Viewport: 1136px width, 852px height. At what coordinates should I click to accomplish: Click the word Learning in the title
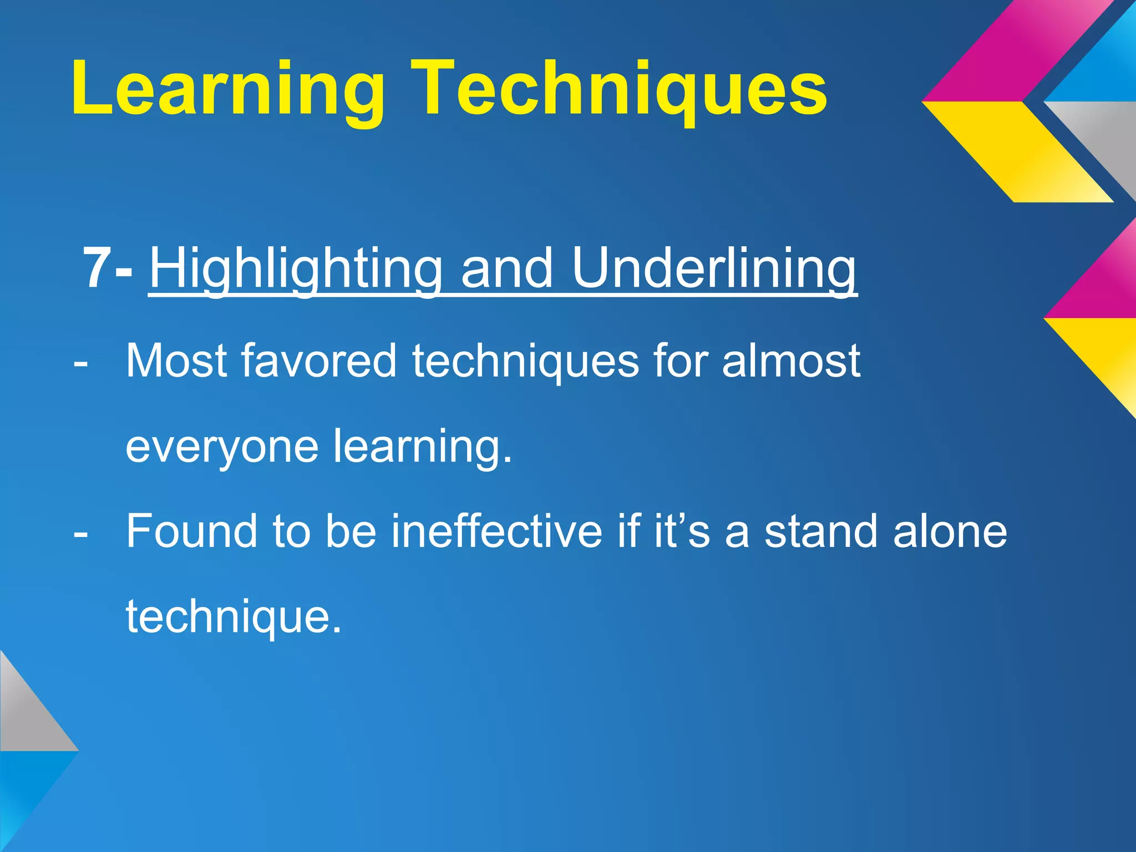point(227,89)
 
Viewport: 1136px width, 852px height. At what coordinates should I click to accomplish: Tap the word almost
point(791,361)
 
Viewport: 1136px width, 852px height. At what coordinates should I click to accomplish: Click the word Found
point(191,531)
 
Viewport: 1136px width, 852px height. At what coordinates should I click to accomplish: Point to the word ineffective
point(496,531)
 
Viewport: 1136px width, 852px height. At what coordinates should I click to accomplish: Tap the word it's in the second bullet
point(682,531)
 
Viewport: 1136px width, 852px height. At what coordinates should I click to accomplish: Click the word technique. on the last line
point(233,617)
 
